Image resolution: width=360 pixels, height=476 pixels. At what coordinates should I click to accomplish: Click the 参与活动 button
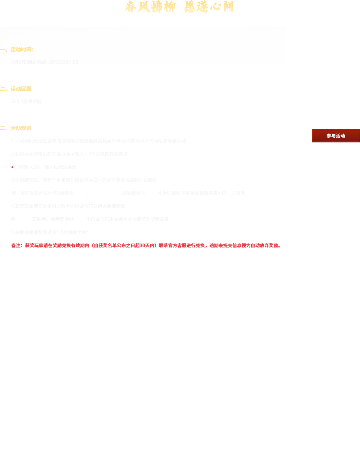335,136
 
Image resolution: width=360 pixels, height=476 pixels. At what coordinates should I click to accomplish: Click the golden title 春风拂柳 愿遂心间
179,7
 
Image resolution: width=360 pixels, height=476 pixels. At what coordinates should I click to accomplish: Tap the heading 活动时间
22,49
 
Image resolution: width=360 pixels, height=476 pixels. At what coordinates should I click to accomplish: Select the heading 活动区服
21,89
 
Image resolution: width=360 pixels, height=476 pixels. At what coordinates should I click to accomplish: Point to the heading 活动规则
21,128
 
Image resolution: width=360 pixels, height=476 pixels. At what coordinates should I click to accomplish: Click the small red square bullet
12,167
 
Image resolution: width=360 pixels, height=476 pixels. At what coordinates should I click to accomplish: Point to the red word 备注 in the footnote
16,246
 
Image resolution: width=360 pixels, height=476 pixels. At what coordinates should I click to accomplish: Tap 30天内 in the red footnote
147,246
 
